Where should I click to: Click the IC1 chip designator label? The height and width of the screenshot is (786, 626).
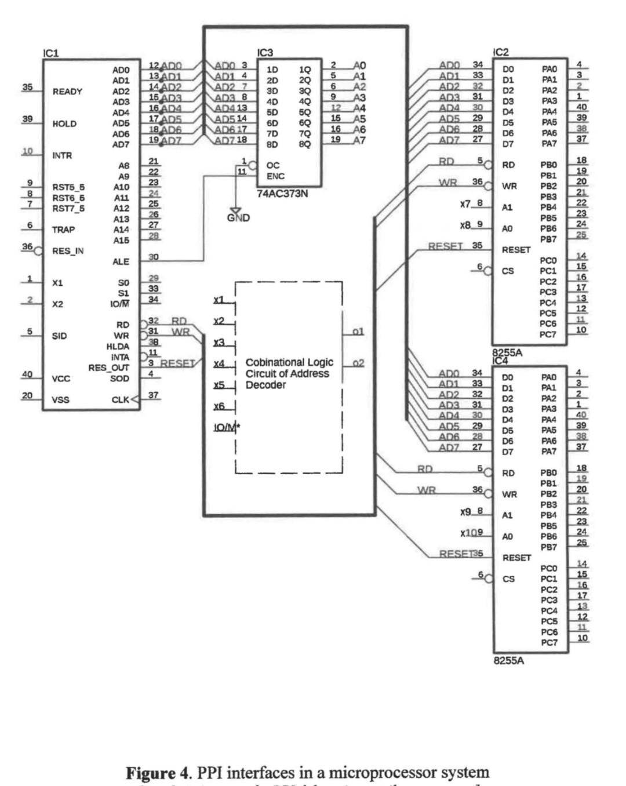pyautogui.click(x=51, y=53)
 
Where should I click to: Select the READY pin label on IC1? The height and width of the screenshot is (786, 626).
pyautogui.click(x=67, y=92)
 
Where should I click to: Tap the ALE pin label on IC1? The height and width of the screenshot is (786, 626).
pyautogui.click(x=121, y=261)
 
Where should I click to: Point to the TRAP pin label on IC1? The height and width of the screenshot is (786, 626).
pyautogui.click(x=63, y=230)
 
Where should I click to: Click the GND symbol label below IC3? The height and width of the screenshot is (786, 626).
pyautogui.click(x=238, y=218)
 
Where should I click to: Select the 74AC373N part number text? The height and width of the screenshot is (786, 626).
pyautogui.click(x=282, y=194)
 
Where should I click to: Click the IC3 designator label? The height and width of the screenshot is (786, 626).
pyautogui.click(x=265, y=53)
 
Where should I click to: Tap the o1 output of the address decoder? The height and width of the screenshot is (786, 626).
pyautogui.click(x=358, y=332)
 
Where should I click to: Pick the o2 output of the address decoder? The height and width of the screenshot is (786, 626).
pyautogui.click(x=358, y=363)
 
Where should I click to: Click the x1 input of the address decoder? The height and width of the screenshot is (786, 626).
pyautogui.click(x=219, y=300)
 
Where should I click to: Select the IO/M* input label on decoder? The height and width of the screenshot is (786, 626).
pyautogui.click(x=227, y=428)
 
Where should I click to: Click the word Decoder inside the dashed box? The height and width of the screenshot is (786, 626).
pyautogui.click(x=265, y=385)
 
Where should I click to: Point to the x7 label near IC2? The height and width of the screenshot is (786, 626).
pyautogui.click(x=465, y=204)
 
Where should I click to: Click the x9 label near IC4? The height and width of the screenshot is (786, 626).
pyautogui.click(x=465, y=512)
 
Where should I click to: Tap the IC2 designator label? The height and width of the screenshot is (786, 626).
pyautogui.click(x=500, y=52)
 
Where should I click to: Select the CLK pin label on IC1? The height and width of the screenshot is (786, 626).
pyautogui.click(x=120, y=400)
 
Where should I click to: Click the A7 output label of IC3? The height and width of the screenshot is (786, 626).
pyautogui.click(x=359, y=140)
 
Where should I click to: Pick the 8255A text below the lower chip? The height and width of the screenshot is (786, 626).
pyautogui.click(x=508, y=661)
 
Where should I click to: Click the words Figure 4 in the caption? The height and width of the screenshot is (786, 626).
pyautogui.click(x=159, y=773)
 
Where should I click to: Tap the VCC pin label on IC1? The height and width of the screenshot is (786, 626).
pyautogui.click(x=61, y=379)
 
